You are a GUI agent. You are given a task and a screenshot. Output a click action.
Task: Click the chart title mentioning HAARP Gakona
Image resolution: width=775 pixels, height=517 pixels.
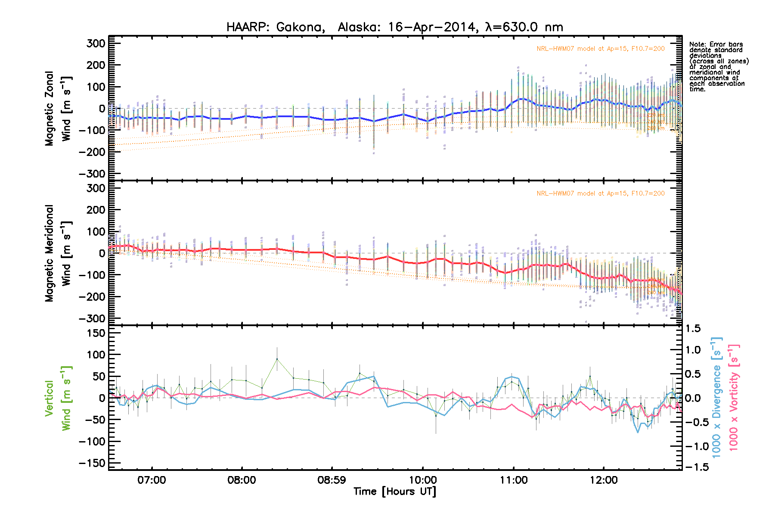click(394, 27)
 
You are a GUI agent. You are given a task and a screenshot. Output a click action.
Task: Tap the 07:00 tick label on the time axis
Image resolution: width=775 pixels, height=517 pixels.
click(152, 480)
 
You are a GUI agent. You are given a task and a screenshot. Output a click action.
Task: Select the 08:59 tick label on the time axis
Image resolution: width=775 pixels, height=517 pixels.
click(332, 480)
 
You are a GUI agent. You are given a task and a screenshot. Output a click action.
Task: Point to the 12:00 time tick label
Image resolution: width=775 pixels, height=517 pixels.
click(604, 480)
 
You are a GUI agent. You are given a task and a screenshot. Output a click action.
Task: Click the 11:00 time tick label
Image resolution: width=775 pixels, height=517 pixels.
click(513, 480)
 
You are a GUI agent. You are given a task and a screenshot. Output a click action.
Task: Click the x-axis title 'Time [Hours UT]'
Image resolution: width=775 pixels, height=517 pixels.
click(394, 492)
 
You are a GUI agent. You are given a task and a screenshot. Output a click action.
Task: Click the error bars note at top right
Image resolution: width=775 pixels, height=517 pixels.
click(718, 67)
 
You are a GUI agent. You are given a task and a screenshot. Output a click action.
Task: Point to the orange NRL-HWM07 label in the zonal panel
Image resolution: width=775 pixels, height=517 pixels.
click(600, 49)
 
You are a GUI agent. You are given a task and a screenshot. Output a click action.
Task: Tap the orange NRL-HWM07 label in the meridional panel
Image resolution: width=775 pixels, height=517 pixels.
click(600, 193)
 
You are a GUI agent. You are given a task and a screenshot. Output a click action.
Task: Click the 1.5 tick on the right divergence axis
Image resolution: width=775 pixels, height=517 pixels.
click(693, 329)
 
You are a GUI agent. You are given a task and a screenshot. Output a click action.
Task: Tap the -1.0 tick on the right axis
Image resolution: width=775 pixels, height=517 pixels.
click(697, 446)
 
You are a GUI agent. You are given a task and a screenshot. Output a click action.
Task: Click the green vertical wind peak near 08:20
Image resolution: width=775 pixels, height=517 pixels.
click(277, 359)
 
